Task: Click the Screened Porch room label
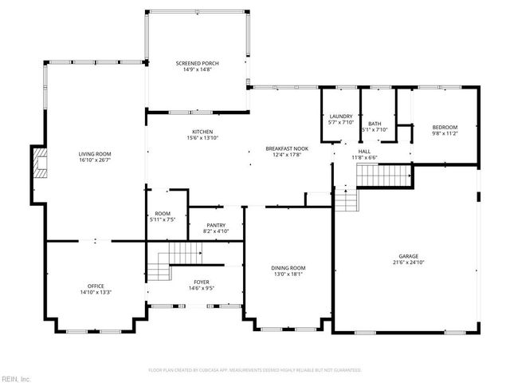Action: (197, 63)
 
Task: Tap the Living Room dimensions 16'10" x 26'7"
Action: (95, 160)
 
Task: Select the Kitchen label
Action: (202, 132)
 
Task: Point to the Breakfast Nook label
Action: (288, 148)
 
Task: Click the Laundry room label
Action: (340, 116)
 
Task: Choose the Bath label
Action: (374, 124)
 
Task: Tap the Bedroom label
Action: (445, 128)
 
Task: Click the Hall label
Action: (364, 151)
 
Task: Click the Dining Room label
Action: (288, 268)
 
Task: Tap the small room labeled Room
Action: (163, 214)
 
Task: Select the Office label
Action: (95, 286)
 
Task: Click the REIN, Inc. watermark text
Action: (15, 378)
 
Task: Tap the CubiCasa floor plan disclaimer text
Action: (255, 370)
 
